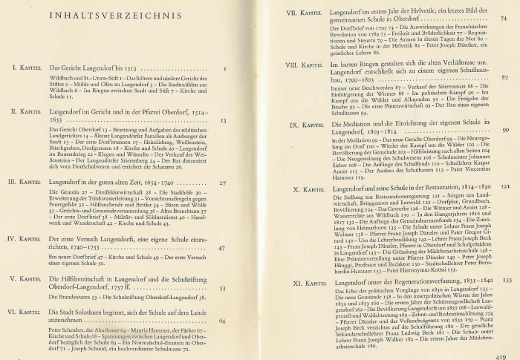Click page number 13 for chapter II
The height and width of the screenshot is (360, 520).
click(x=224, y=120)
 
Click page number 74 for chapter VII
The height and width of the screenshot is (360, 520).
click(x=504, y=19)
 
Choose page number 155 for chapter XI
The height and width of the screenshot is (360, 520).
click(x=506, y=282)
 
